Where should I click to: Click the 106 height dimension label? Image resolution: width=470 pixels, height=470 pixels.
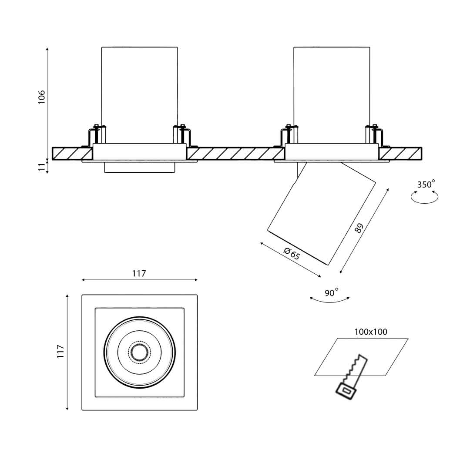[x=42, y=97]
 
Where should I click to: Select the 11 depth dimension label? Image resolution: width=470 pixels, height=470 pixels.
[x=42, y=167]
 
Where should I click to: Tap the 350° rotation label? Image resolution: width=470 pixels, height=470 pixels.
[x=426, y=185]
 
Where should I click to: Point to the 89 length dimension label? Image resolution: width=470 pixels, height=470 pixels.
[x=359, y=228]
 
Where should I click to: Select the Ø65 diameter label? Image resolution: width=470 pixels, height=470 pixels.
[x=292, y=253]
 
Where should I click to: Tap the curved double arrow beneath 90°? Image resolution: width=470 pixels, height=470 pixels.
[x=329, y=300]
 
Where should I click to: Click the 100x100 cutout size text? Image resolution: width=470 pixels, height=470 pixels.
[x=370, y=332]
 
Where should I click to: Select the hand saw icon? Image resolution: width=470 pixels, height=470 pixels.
[x=352, y=376]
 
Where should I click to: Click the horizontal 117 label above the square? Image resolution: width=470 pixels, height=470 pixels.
[x=139, y=274]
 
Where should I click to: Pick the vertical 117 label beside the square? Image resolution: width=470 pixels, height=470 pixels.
[x=60, y=352]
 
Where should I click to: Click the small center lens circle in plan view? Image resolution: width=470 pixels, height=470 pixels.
[x=139, y=352]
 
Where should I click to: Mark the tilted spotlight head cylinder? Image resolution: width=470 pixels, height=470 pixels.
[x=322, y=213]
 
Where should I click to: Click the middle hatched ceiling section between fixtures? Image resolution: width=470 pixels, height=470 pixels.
[x=235, y=154]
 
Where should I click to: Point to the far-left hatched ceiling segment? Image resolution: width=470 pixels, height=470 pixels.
[x=72, y=154]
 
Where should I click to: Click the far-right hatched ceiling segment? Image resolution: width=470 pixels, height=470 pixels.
[x=400, y=154]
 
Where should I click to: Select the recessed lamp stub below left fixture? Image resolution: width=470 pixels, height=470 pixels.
[x=139, y=168]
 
